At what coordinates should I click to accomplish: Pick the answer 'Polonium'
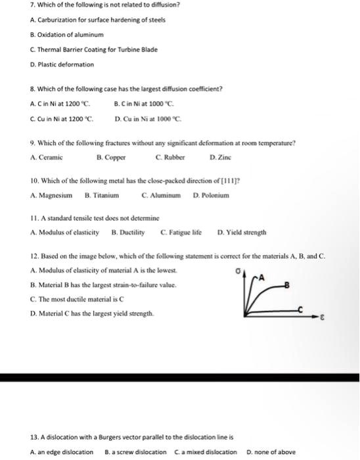210,195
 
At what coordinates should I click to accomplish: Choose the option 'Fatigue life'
181,233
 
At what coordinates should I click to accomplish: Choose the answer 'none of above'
271,452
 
